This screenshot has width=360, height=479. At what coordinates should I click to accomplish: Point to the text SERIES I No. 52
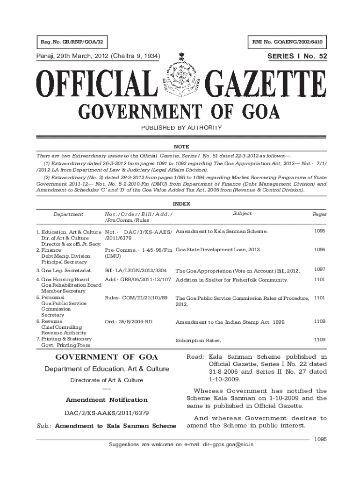[297, 57]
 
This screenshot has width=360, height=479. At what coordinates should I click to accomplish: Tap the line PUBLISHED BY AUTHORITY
[180, 128]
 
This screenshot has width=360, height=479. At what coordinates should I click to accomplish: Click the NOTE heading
[180, 146]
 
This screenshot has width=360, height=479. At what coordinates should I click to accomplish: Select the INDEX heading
[180, 204]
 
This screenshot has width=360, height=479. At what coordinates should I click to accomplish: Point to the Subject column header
[242, 213]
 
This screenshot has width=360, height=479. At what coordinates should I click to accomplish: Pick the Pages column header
[319, 214]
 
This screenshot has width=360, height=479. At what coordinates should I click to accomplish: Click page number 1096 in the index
[319, 250]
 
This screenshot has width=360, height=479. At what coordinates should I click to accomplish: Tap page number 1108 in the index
[319, 321]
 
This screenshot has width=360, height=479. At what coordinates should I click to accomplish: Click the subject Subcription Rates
[198, 341]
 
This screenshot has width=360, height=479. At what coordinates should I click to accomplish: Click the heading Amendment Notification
[107, 400]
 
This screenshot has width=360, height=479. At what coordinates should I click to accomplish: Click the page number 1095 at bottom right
[320, 439]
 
